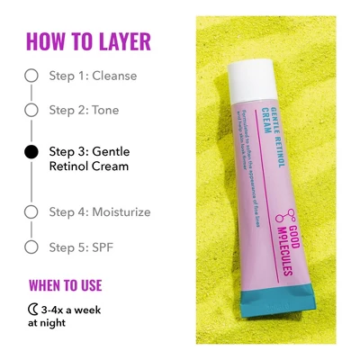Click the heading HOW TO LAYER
[88, 41]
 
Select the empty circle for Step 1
[31, 76]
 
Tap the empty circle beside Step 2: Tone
[31, 110]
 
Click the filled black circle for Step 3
[31, 152]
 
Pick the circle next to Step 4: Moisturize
[31, 212]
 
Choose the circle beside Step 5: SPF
[31, 246]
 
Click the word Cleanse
[114, 76]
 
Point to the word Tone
[104, 110]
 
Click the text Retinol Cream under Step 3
[89, 166]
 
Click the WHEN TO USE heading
[66, 286]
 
